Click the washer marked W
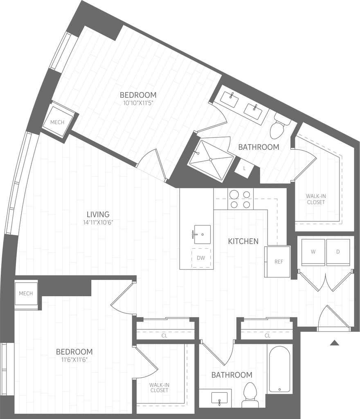[x=313, y=252]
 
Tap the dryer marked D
[x=338, y=252]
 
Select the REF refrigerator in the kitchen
[x=278, y=261]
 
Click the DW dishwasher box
[x=201, y=258]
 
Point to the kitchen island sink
[x=202, y=234]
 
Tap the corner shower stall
[x=211, y=160]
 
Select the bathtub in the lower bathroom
[x=279, y=369]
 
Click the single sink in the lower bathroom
[x=220, y=398]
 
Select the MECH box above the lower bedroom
[x=26, y=293]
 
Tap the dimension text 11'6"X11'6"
[x=74, y=360]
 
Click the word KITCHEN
[x=243, y=241]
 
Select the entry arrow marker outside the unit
[x=334, y=343]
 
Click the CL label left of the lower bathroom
[x=164, y=336]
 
